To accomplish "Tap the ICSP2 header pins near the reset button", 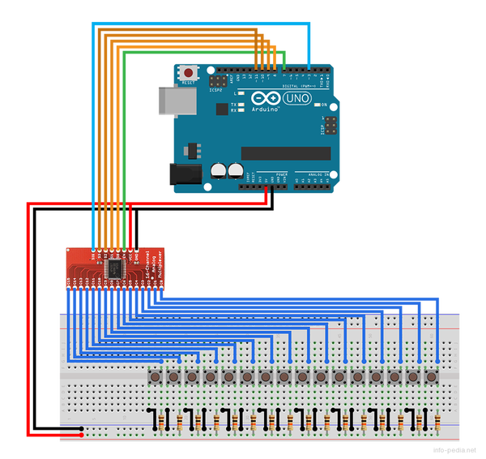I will click(x=217, y=82).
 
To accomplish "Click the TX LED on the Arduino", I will click(x=241, y=105).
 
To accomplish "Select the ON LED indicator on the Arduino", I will click(x=317, y=105).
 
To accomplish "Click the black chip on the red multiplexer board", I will click(x=114, y=267).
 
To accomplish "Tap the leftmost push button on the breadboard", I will click(x=154, y=377).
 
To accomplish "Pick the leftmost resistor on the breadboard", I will click(x=160, y=422).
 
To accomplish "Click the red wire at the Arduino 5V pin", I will click(x=267, y=191).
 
